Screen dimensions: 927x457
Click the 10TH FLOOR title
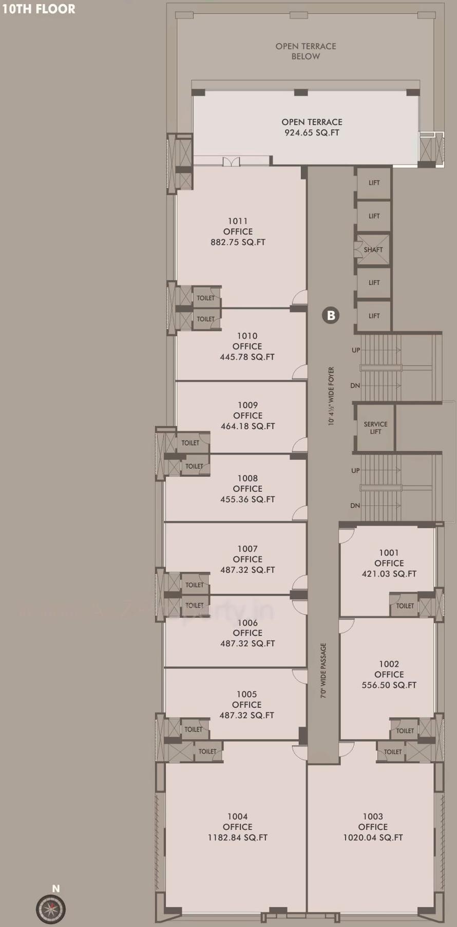(x=39, y=9)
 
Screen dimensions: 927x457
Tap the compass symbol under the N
(x=51, y=909)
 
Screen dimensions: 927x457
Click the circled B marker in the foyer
(x=331, y=315)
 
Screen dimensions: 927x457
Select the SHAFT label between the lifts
(x=373, y=250)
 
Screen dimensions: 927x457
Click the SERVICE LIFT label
(x=375, y=428)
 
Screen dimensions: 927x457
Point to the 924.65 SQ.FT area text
(x=312, y=132)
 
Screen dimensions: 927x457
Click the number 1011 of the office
(x=238, y=221)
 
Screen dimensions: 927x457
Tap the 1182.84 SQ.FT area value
(x=237, y=837)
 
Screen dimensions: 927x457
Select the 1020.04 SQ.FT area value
(x=373, y=837)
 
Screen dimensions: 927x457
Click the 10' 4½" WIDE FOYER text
(x=331, y=396)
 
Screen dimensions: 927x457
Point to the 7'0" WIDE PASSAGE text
(x=323, y=670)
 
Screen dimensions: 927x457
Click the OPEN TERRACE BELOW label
(x=306, y=51)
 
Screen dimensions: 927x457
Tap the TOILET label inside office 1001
(x=405, y=606)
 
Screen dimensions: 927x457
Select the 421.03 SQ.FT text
(x=389, y=574)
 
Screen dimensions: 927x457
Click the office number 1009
(x=247, y=405)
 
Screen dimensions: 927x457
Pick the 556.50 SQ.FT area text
(x=389, y=685)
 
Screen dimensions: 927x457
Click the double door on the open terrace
(x=231, y=162)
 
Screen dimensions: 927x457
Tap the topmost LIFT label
(x=374, y=183)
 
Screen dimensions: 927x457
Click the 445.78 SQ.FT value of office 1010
(x=247, y=357)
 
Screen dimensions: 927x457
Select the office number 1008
(x=247, y=478)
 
